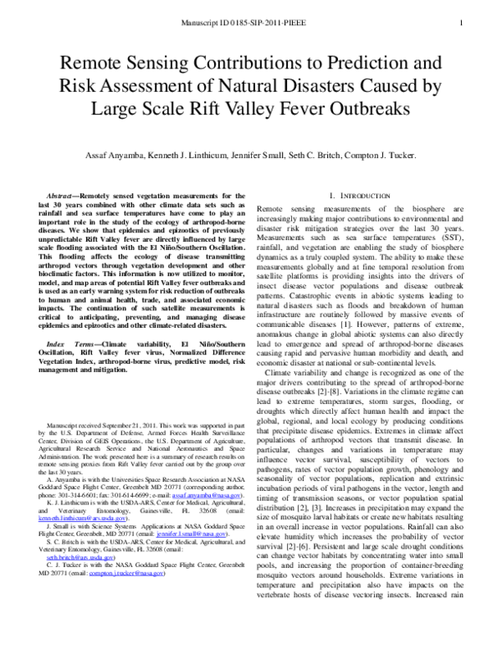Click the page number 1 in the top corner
(x=462, y=23)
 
